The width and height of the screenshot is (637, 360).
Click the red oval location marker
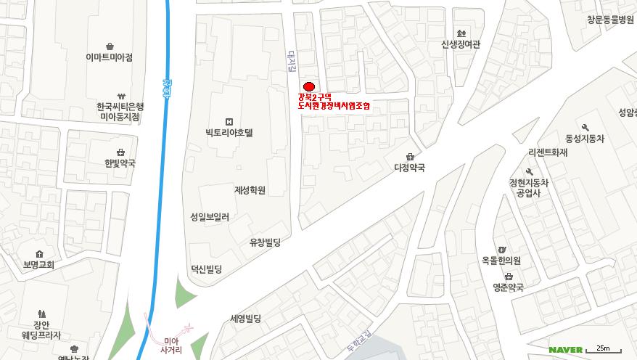point(308,86)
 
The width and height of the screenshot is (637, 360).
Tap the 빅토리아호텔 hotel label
point(229,133)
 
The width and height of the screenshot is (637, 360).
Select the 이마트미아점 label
point(109,57)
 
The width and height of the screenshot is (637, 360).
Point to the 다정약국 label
point(409,167)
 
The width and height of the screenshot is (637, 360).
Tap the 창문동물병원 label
point(610,20)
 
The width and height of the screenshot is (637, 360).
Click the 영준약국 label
point(508,287)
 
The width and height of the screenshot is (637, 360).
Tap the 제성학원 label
point(250,190)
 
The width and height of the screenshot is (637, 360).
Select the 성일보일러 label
point(210,216)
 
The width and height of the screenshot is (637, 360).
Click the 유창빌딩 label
point(265,242)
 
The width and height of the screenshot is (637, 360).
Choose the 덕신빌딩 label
point(206,269)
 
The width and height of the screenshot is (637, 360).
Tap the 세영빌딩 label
point(245,318)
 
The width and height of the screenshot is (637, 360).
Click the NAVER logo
point(565,350)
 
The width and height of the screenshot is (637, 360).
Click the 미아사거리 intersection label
point(171,345)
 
